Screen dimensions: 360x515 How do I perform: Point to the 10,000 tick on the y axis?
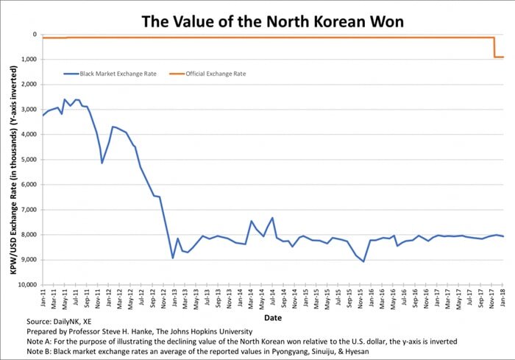click(26, 285)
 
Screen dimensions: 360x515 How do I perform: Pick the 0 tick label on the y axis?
click(35, 35)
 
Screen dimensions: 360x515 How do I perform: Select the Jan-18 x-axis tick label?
click(502, 298)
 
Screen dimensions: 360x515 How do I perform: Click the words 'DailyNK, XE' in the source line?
click(77, 322)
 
